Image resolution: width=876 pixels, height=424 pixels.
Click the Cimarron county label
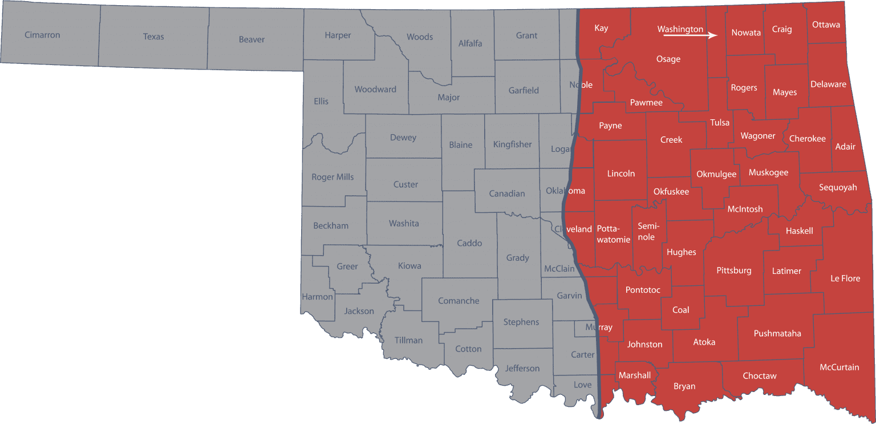[x=42, y=35]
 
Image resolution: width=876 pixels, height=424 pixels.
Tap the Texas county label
[x=153, y=37]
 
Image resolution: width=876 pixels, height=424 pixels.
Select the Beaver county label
[x=252, y=39]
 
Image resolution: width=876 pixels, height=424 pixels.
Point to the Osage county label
[x=668, y=59]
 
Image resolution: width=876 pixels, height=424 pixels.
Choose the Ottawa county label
[x=826, y=25]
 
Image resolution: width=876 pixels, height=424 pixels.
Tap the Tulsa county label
[x=720, y=122]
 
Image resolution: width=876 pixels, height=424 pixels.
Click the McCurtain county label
[x=839, y=367]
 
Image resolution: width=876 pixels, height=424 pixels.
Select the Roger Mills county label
[x=332, y=177]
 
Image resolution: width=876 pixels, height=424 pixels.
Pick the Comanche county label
[x=459, y=301]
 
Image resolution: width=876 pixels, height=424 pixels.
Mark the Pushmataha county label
[x=777, y=333]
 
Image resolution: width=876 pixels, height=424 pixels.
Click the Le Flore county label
[x=845, y=278]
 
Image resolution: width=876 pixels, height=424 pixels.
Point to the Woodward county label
[x=375, y=89]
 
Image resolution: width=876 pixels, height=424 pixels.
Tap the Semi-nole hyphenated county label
[x=647, y=231]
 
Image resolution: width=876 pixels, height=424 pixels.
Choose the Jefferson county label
[x=522, y=368]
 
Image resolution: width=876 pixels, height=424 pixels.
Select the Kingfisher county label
[x=512, y=144]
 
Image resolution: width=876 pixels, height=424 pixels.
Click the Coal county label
[x=680, y=310]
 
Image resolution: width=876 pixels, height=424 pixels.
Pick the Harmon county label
[x=317, y=297]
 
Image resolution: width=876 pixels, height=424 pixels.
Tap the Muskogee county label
[x=768, y=172]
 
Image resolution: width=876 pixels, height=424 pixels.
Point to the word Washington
[x=680, y=29]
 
